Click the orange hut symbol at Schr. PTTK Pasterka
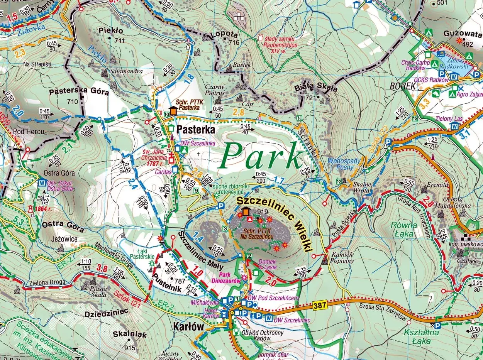pos(173,111)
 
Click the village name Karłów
pos(188,326)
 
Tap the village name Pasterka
pos(196,130)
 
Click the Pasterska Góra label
pos(79,92)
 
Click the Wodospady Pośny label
pos(344,164)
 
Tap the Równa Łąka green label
pos(404,229)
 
